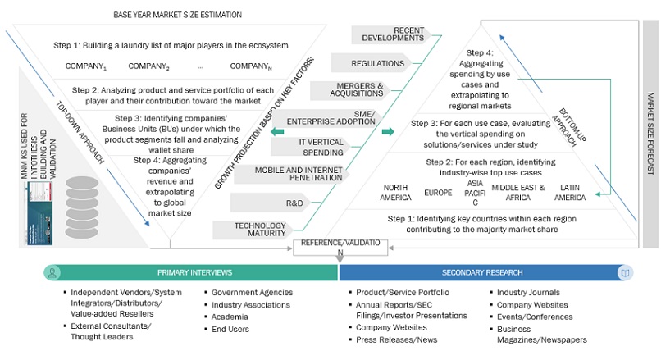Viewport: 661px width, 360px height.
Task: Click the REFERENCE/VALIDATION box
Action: tap(338, 247)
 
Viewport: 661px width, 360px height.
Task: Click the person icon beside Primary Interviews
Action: tap(52, 272)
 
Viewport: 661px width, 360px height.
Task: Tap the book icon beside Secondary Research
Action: tap(625, 272)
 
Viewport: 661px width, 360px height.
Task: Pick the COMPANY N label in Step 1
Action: tap(249, 66)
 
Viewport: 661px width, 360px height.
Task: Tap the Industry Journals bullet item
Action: tap(527, 293)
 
